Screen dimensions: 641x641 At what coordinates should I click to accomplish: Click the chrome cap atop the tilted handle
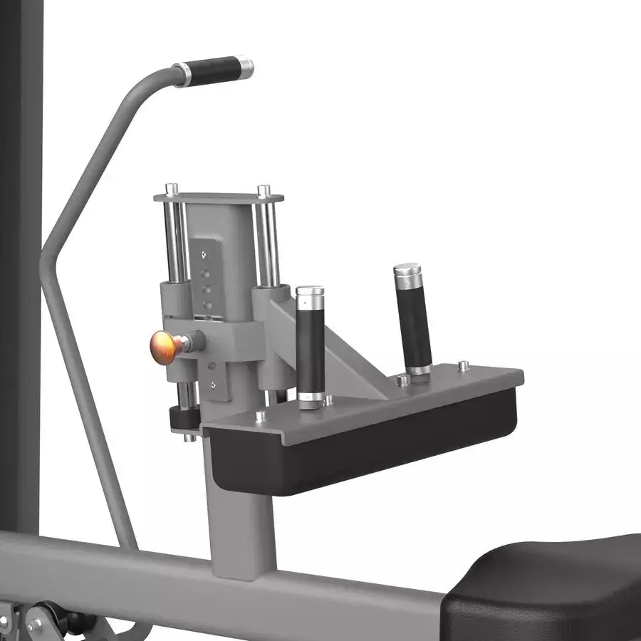[x=407, y=271]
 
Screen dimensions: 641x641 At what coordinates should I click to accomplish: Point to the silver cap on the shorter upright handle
[x=310, y=293]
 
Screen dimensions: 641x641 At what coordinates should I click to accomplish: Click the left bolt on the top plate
[x=172, y=189]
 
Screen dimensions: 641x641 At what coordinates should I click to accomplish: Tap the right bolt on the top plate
[x=264, y=191]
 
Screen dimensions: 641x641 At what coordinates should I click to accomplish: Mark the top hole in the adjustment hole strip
[x=204, y=254]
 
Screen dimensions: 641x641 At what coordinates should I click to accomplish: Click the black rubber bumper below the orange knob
[x=184, y=419]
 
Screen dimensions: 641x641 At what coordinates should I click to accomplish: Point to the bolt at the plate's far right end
[x=464, y=365]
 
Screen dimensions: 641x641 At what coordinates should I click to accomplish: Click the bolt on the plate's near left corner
[x=261, y=416]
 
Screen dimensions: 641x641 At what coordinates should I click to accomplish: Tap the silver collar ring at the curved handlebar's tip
[x=244, y=68]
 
